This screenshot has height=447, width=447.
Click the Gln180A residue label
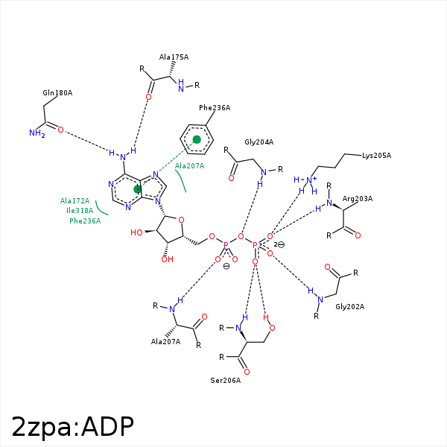click(x=57, y=93)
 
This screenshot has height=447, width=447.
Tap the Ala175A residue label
click(x=174, y=57)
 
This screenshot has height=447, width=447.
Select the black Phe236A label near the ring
click(x=215, y=108)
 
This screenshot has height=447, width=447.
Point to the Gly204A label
click(x=259, y=142)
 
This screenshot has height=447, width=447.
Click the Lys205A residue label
click(x=376, y=156)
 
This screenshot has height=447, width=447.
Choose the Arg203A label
click(x=358, y=199)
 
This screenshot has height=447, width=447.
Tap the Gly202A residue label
click(x=350, y=307)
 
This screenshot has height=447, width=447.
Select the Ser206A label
click(x=226, y=381)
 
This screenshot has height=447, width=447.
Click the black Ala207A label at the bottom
click(x=165, y=341)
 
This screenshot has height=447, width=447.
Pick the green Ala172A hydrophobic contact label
click(x=74, y=201)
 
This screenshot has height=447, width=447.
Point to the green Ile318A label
click(x=80, y=211)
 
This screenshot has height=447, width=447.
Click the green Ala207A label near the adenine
click(x=189, y=165)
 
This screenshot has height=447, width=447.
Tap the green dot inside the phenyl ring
click(x=197, y=139)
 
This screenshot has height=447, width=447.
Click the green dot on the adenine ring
click(x=138, y=190)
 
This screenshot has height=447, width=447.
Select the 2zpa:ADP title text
click(x=72, y=426)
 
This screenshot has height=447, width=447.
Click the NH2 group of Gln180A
click(x=37, y=133)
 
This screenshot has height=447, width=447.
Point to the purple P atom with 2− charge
click(x=255, y=244)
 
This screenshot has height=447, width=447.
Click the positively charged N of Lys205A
click(x=309, y=180)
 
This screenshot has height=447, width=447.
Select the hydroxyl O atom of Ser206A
click(x=272, y=328)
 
